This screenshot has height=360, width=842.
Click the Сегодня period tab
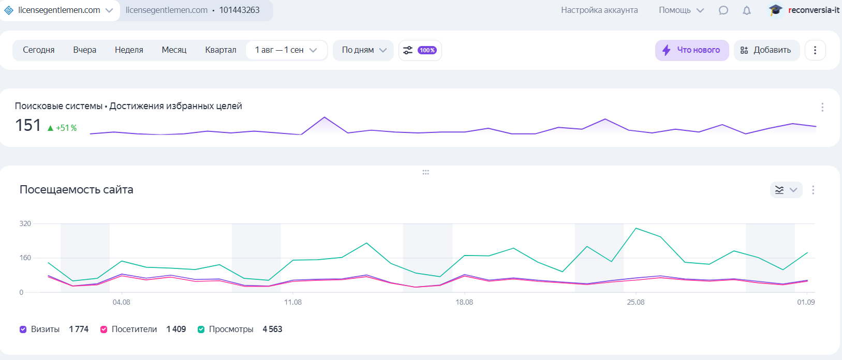[x=39, y=50]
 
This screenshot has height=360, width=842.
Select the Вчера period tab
[x=85, y=50]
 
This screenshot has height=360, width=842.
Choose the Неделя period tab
[x=129, y=50]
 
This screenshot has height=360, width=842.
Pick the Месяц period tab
[x=174, y=50]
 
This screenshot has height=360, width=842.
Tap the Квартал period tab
[x=220, y=50]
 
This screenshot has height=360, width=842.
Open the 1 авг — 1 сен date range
[x=286, y=50]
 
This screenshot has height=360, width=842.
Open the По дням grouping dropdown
[x=364, y=50]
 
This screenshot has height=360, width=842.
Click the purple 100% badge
[x=427, y=50]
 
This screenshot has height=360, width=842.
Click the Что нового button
[x=692, y=50]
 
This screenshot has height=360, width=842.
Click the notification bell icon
[x=747, y=10]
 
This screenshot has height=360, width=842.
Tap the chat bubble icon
[x=723, y=10]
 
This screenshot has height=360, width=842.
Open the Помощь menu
[x=681, y=10]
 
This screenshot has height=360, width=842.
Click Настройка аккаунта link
[x=599, y=10]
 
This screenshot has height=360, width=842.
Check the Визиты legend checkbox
[x=23, y=329]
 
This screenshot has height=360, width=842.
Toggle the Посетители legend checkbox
[x=104, y=329]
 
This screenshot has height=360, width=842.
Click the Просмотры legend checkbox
[x=201, y=329]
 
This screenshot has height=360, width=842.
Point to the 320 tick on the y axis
[x=25, y=224]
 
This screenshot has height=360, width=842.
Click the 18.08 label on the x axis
[x=464, y=302]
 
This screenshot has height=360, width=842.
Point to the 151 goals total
[x=28, y=125]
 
